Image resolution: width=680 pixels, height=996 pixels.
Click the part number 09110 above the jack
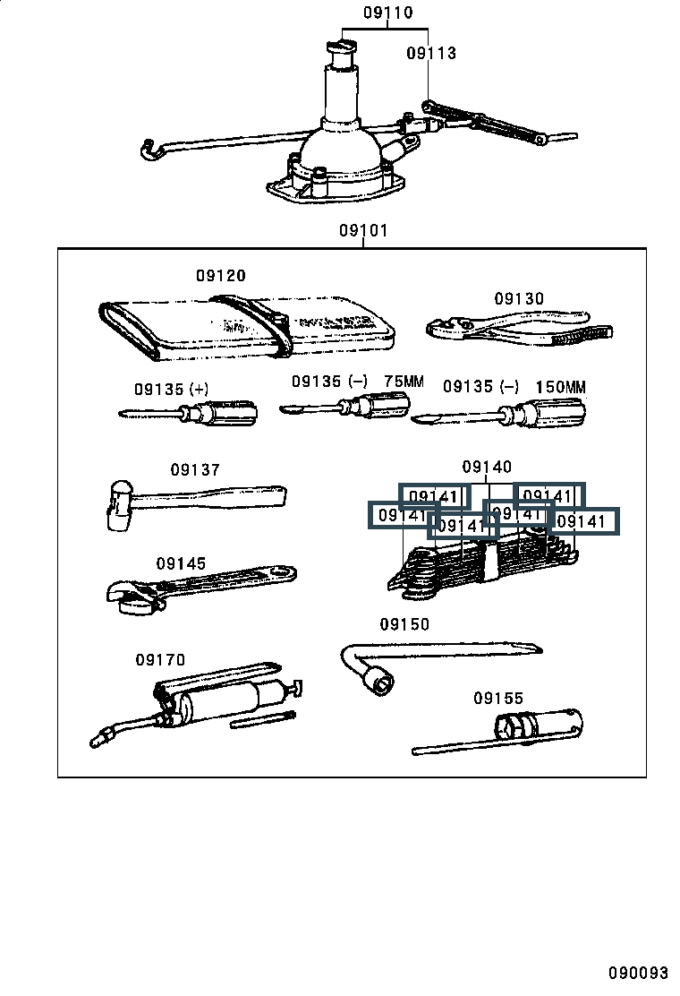tap(387, 13)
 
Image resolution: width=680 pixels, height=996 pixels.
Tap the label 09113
tap(431, 53)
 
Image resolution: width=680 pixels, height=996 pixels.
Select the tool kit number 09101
tap(363, 230)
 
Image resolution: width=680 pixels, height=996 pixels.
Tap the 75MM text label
tap(404, 382)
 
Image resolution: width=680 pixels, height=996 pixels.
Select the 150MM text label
tap(560, 387)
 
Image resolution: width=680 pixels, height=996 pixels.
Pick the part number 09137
tap(195, 469)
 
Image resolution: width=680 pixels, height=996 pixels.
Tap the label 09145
tap(181, 563)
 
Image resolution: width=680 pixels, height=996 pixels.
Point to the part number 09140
tap(487, 467)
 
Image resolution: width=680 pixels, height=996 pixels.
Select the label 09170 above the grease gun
tap(160, 660)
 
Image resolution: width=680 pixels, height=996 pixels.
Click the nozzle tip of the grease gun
tap(98, 739)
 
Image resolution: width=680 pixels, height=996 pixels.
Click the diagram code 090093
tap(639, 974)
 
